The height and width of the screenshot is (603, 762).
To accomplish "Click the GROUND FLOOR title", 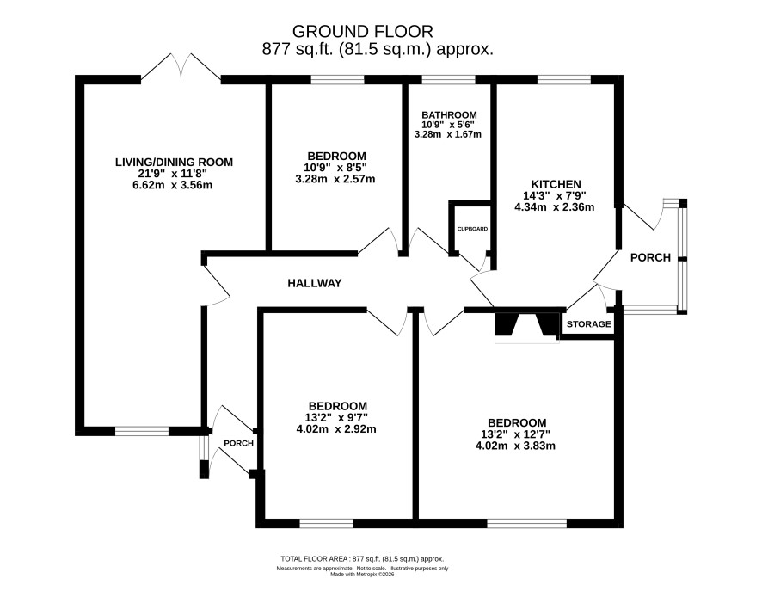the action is click(362, 32).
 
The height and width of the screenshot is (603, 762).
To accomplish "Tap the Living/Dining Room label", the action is click(174, 162).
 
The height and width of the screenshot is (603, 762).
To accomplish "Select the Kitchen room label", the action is click(556, 184).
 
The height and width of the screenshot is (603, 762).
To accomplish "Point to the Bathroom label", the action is click(449, 115).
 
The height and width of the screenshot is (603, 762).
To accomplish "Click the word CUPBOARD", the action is click(472, 229).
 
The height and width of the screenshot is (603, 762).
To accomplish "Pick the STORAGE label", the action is click(589, 324).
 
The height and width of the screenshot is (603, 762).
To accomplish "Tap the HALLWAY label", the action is click(315, 283).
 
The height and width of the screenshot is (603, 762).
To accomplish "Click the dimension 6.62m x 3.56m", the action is click(173, 185).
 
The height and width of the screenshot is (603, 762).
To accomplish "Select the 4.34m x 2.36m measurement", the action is click(555, 207).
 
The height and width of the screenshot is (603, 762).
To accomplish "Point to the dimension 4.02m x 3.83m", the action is click(516, 446).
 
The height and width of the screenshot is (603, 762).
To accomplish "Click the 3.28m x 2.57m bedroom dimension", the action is click(335, 179).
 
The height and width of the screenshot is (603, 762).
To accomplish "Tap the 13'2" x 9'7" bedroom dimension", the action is click(336, 417).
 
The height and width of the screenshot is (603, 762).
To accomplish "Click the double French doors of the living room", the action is click(181, 66).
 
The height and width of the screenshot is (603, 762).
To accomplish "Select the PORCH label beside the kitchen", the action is click(650, 257).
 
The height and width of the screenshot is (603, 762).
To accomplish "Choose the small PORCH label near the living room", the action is click(238, 443).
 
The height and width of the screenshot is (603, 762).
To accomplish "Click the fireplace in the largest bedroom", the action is click(527, 325).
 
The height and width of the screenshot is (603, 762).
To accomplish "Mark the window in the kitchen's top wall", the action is click(563, 80).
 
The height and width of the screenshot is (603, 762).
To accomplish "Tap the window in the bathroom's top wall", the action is click(448, 80).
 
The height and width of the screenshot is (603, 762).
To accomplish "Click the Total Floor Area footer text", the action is click(362, 559).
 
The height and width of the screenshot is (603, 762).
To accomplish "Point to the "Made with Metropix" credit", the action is click(362, 575).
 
